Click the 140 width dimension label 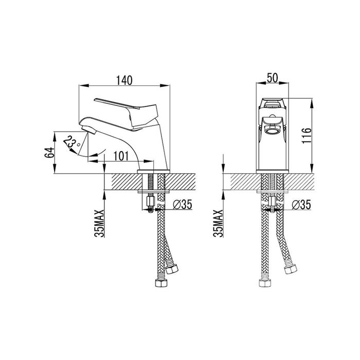tap(124, 80)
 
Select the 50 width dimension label tap(272, 78)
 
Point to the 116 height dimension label tap(307, 136)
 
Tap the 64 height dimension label tap(49, 152)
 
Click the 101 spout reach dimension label tap(121, 156)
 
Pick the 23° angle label tap(71, 143)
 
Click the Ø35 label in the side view tap(183, 205)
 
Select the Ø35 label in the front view tap(301, 205)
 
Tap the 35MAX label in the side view tap(99, 223)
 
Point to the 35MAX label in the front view tap(219, 223)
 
